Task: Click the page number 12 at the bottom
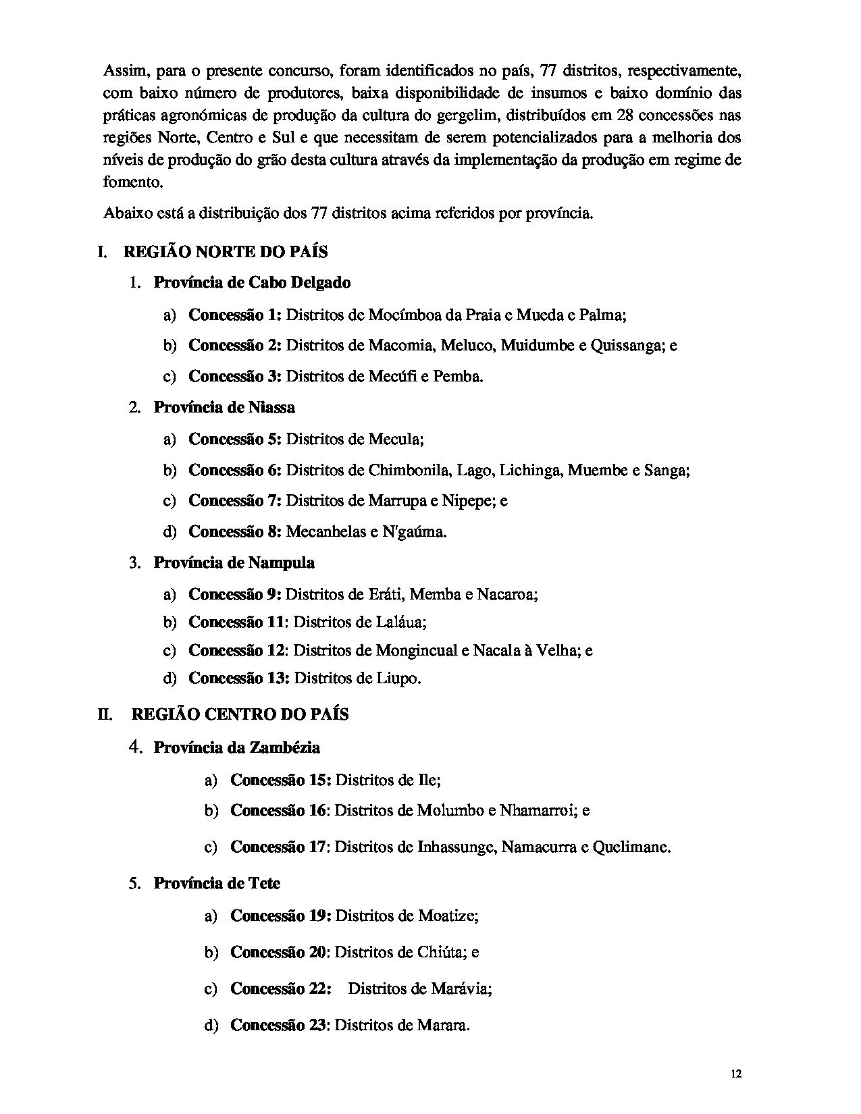pos(736,1074)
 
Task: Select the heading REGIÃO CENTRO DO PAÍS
pos(240,714)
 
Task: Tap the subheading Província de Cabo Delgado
pos(252,282)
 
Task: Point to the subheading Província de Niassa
pos(224,407)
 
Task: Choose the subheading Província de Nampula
pos(234,562)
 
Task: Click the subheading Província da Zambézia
pos(236,747)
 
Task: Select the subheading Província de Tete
pos(217,883)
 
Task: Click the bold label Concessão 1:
pos(234,314)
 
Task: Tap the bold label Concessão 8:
pos(234,531)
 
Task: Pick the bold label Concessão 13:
pos(238,677)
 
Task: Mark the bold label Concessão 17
pos(278,846)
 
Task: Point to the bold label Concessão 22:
pos(281,988)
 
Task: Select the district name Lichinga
pos(530,470)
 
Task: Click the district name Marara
pos(442,1025)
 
